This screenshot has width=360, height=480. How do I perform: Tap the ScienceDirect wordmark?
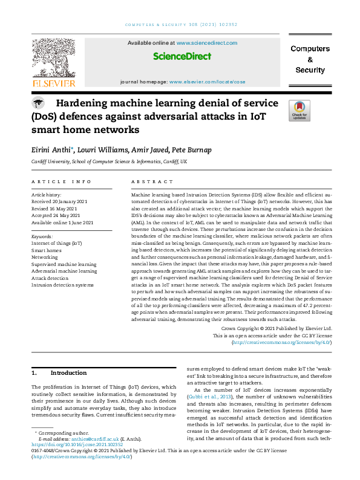tap(182, 56)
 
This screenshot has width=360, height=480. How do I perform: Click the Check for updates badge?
tap(299, 111)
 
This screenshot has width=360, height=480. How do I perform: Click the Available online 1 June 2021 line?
tap(62, 222)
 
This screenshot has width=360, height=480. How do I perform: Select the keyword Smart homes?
tap(46, 250)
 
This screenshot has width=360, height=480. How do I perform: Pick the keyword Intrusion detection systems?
tap(63, 284)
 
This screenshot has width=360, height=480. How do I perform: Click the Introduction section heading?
tap(68, 373)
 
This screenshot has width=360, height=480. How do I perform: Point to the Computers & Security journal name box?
tap(310, 59)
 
